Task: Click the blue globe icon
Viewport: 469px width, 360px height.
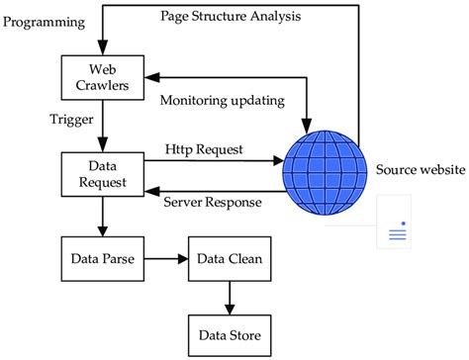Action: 322,166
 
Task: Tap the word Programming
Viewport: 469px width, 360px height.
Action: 45,21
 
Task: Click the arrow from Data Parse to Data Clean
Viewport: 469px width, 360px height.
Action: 164,261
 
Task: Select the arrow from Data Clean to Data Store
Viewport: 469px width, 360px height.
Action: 229,294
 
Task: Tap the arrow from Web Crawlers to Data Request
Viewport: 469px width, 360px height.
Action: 102,125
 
